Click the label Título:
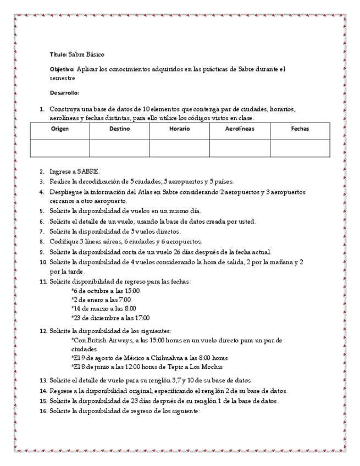point(58,54)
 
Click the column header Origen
point(59,129)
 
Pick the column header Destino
point(119,129)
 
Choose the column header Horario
point(179,129)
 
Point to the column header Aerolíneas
point(240,129)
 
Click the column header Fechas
point(300,129)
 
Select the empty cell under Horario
point(179,148)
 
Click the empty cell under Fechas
point(300,148)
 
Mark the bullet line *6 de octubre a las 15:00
point(106,291)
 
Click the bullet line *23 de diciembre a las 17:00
point(110,318)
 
